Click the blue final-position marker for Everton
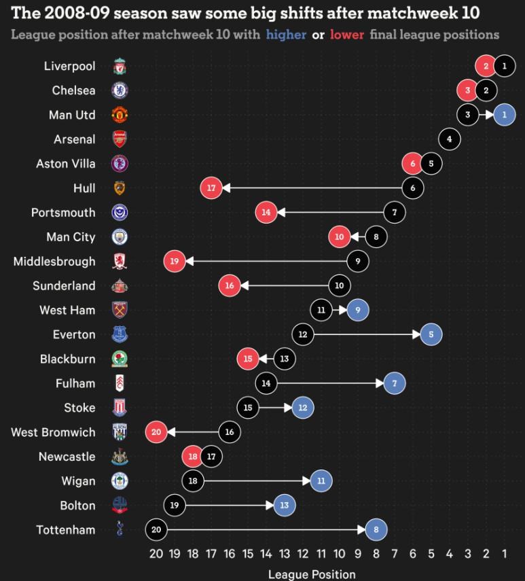[431, 334]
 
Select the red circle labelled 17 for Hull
[211, 188]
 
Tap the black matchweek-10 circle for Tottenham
[156, 530]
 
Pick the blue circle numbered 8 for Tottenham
[376, 530]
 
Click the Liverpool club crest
[120, 67]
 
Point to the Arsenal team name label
[75, 139]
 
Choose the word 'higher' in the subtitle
[287, 35]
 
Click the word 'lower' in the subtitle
[347, 35]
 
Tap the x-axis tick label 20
[156, 554]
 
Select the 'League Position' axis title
[312, 574]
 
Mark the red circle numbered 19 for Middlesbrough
[175, 261]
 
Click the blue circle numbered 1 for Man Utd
[504, 115]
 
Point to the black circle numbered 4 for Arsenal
[449, 139]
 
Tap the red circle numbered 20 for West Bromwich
[156, 432]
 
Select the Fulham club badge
[120, 383]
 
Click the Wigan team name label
[78, 481]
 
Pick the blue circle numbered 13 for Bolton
[285, 506]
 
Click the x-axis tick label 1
[504, 554]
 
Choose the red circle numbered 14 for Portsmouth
[266, 212]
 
